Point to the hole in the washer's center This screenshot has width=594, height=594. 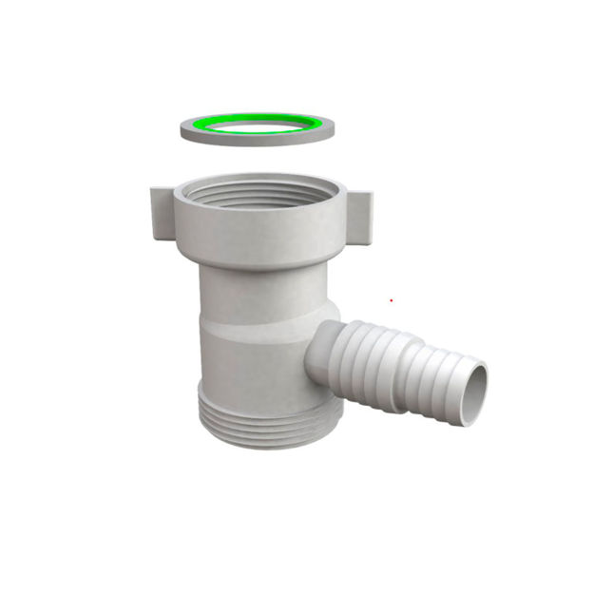[x=257, y=126]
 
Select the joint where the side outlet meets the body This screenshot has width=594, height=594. [x=314, y=352]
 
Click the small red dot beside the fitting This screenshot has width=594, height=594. [x=391, y=300]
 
